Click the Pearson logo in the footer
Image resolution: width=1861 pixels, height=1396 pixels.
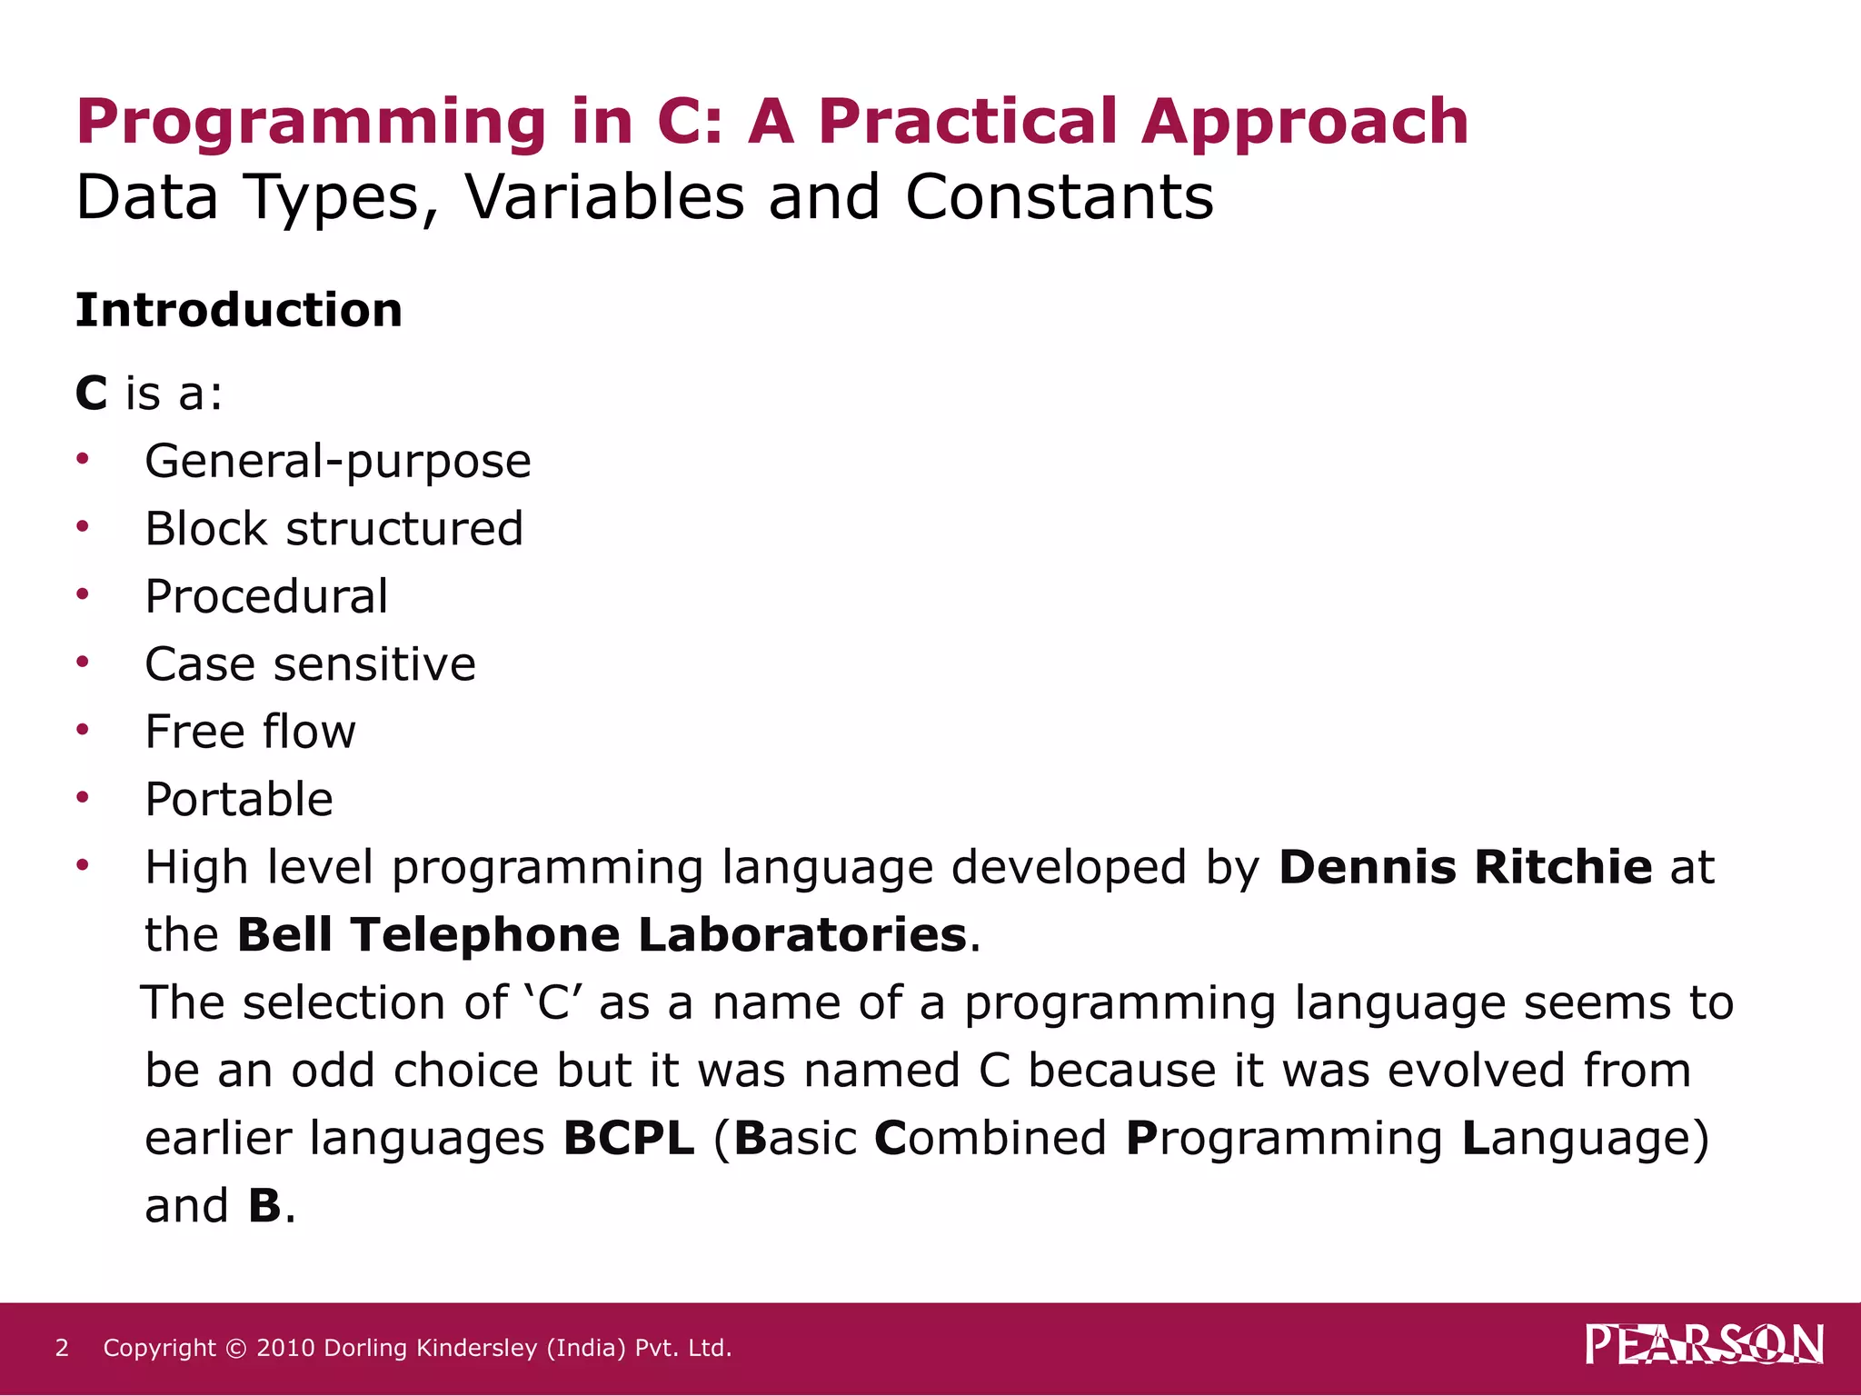click(x=1704, y=1345)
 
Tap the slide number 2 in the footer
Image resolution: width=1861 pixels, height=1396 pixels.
click(x=62, y=1348)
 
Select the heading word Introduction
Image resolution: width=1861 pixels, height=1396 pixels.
click(x=239, y=311)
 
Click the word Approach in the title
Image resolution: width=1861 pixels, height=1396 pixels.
click(x=1304, y=123)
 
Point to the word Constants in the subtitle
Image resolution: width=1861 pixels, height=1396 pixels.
click(x=1059, y=197)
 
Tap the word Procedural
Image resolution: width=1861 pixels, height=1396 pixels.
click(x=266, y=597)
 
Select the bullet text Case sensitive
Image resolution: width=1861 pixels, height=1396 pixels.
click(x=310, y=664)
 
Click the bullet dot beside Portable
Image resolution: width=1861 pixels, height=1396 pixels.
click(x=83, y=797)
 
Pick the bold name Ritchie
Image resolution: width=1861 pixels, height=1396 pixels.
click(x=1562, y=867)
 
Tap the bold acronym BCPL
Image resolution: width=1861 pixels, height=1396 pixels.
click(x=629, y=1138)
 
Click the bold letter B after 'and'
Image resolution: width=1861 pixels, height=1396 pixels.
click(x=264, y=1206)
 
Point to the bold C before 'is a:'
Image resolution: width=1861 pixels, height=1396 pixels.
click(x=91, y=394)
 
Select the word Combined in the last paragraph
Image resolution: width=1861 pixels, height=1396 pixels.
click(x=990, y=1138)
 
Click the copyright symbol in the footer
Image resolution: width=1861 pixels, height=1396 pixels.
click(x=235, y=1348)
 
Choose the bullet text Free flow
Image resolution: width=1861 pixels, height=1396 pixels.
click(x=250, y=733)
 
